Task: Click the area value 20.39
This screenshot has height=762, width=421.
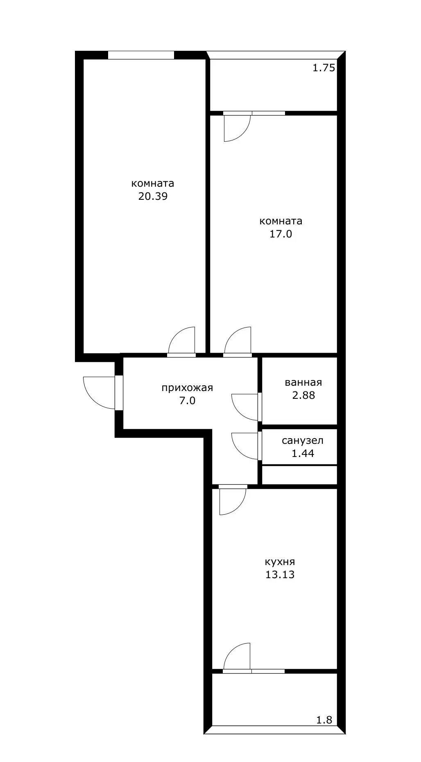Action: pyautogui.click(x=153, y=196)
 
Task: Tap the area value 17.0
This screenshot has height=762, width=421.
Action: pyautogui.click(x=281, y=234)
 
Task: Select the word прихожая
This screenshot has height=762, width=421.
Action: pyautogui.click(x=187, y=388)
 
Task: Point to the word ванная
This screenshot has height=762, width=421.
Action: pyautogui.click(x=303, y=382)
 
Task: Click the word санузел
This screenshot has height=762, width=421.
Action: pyautogui.click(x=303, y=441)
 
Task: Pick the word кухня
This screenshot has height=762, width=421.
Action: pyautogui.click(x=280, y=562)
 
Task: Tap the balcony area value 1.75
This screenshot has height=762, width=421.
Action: pyautogui.click(x=324, y=68)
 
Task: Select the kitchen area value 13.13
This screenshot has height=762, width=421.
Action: pyautogui.click(x=280, y=574)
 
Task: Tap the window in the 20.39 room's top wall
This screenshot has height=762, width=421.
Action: pyautogui.click(x=141, y=55)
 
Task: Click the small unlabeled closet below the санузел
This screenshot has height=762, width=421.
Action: pyautogui.click(x=299, y=475)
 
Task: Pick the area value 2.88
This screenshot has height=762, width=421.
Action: pyautogui.click(x=303, y=396)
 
